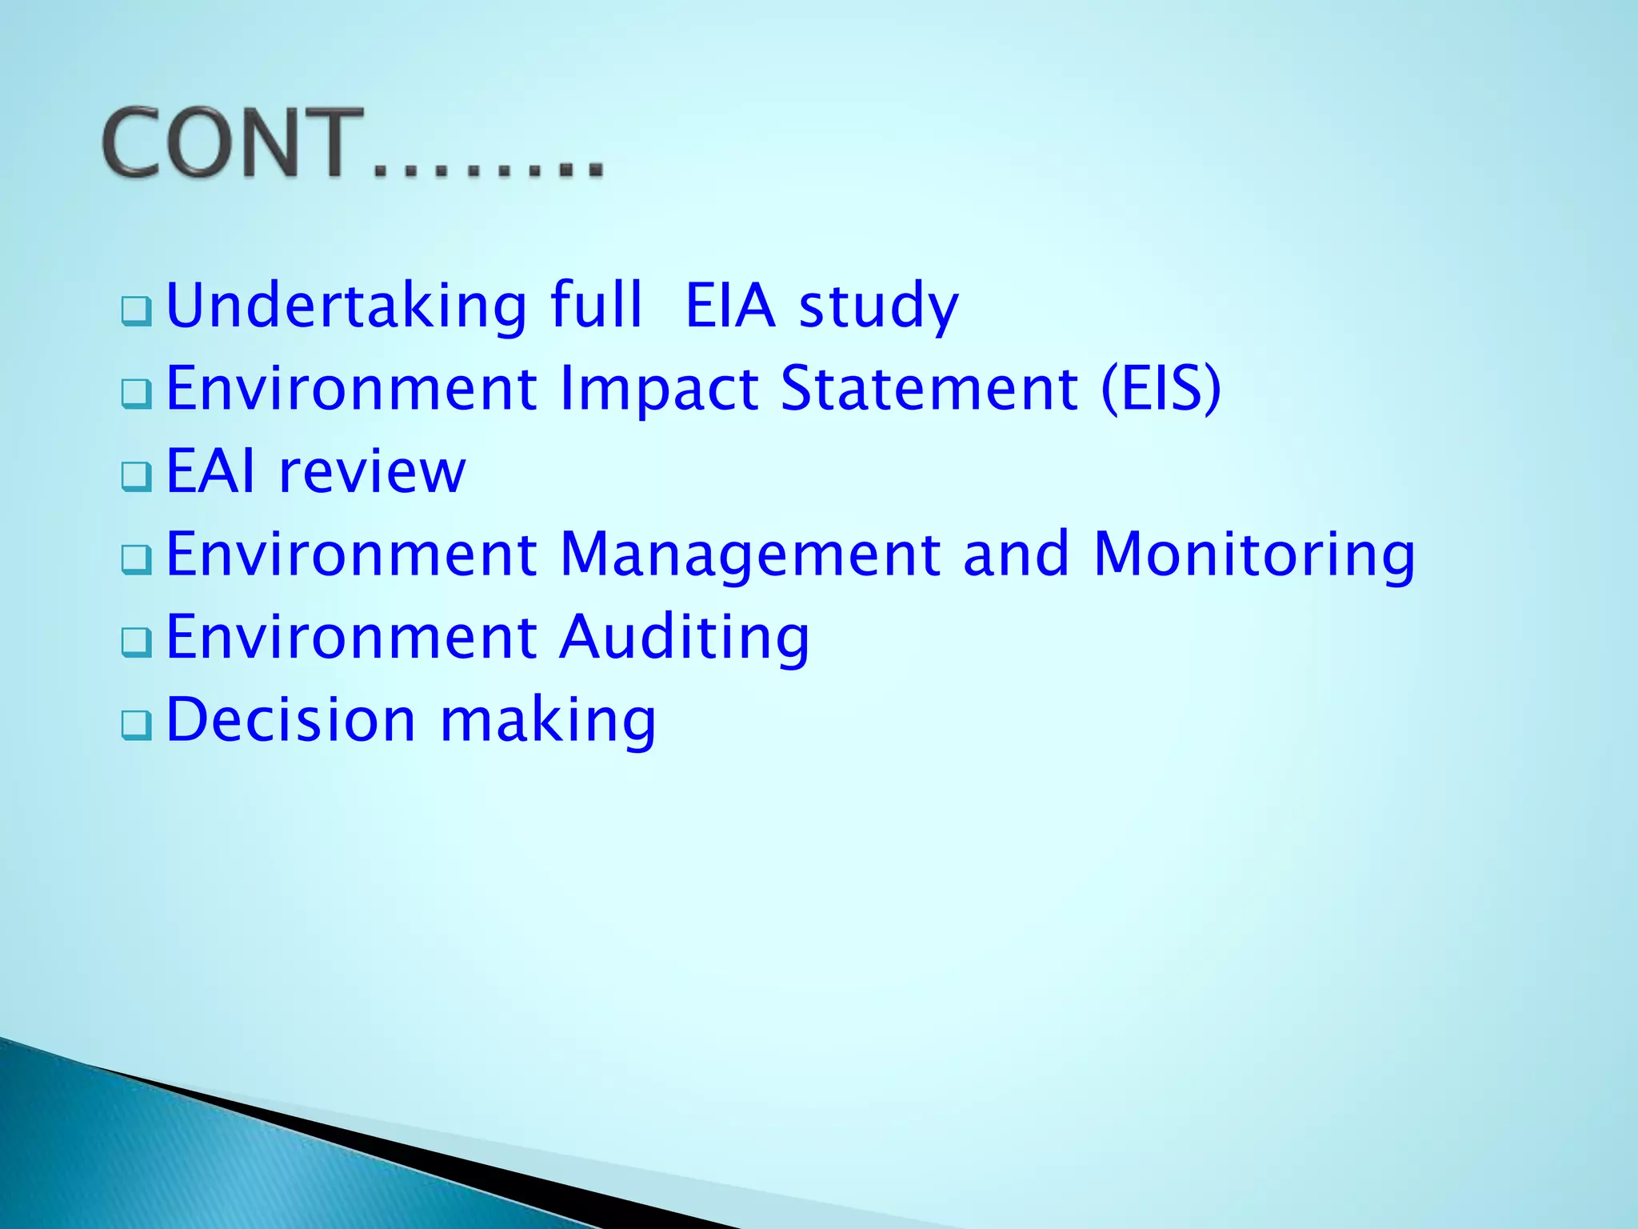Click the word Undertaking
tap(346, 306)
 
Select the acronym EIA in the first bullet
tap(730, 306)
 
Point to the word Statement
tap(929, 389)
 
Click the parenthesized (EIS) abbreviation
tap(1161, 390)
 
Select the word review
tap(372, 473)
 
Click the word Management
tap(749, 554)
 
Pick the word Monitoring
tap(1253, 554)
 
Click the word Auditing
tap(685, 638)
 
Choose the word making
tap(548, 720)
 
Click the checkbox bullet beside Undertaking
tap(137, 311)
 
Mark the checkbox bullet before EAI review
tap(137, 477)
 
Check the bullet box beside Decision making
tap(137, 726)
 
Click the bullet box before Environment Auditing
tap(137, 643)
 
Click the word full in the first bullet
tap(596, 306)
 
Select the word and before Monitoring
tap(1016, 554)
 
